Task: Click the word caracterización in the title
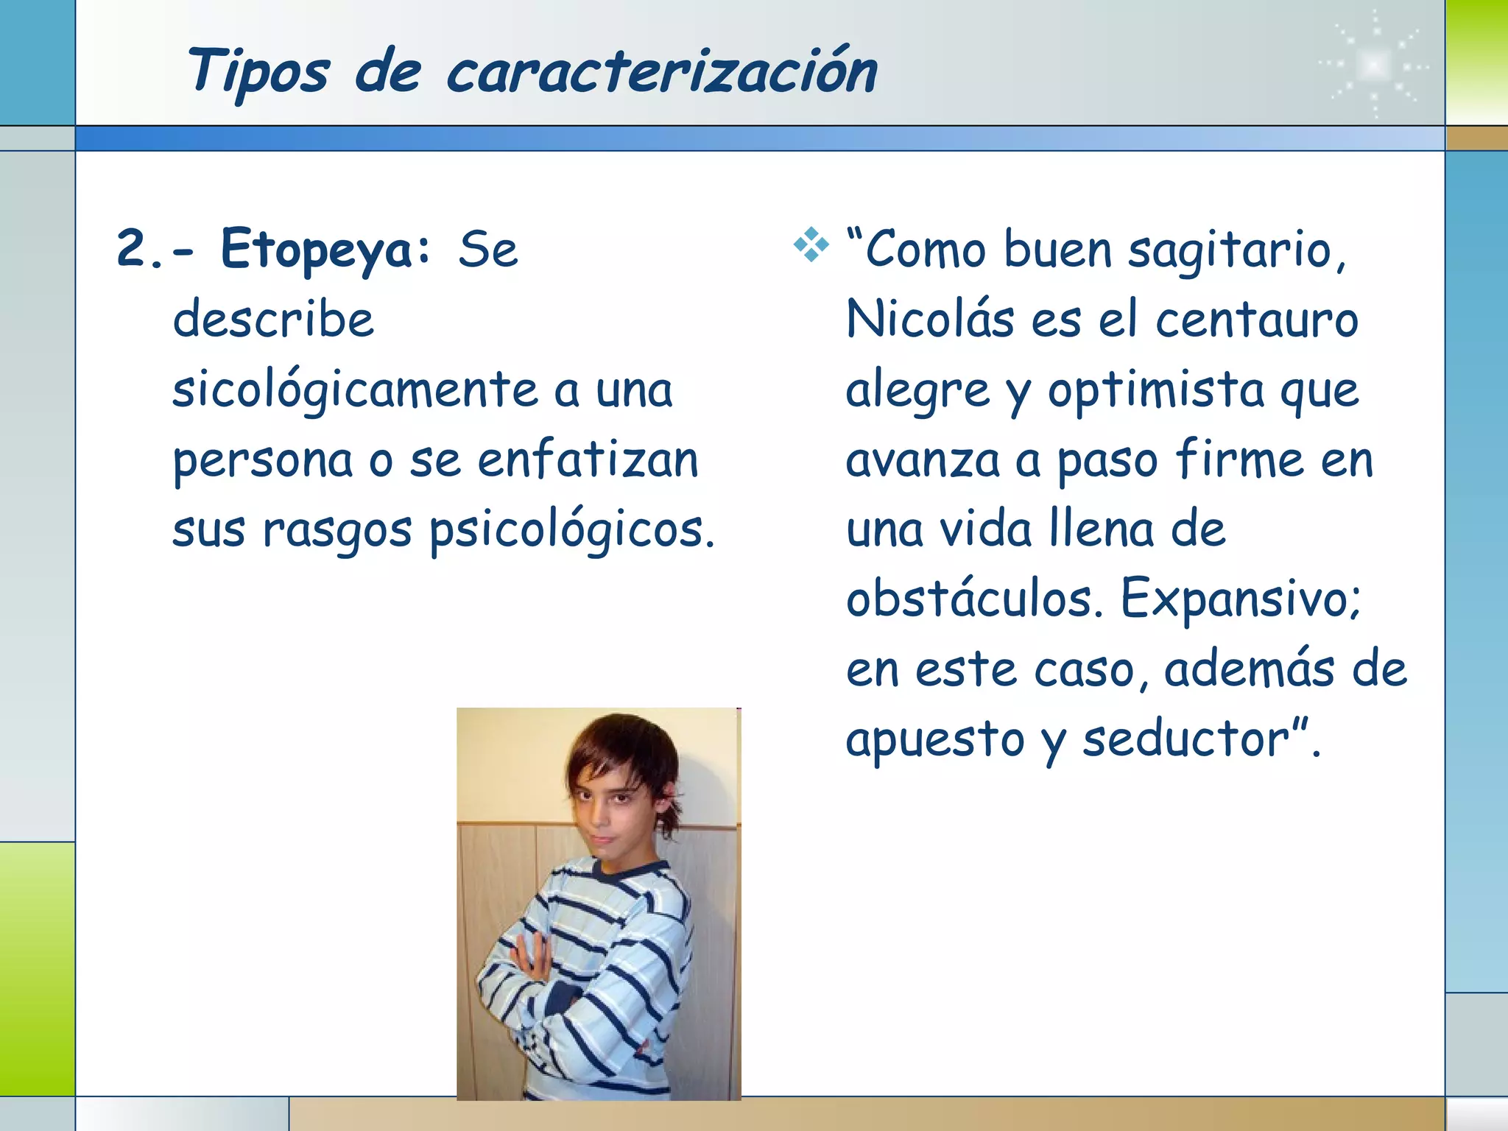point(661,72)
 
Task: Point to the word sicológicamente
point(356,390)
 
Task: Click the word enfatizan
point(588,460)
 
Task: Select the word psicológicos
point(571,530)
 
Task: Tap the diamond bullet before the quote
point(811,245)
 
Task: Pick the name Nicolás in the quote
point(929,320)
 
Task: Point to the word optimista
point(1156,390)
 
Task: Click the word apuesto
point(934,740)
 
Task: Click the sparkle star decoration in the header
point(1374,65)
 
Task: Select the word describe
point(273,320)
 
